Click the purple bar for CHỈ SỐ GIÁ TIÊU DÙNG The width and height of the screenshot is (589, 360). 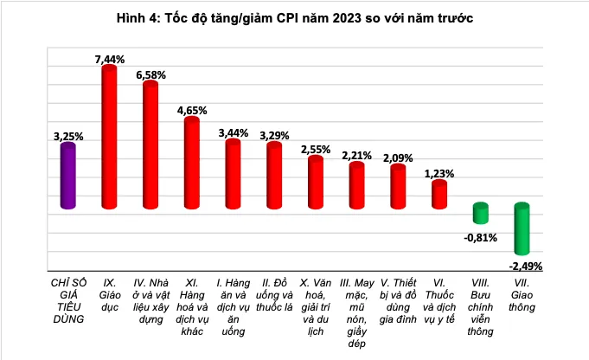tap(67, 177)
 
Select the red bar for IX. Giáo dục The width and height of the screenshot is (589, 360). tap(109, 137)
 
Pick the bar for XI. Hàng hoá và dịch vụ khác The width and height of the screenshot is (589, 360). tap(191, 163)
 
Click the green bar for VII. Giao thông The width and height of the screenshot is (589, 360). tap(521, 229)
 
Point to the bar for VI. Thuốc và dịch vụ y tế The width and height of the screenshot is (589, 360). tap(439, 195)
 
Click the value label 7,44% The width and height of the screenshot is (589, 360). tap(110, 59)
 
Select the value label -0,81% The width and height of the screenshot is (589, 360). tap(479, 237)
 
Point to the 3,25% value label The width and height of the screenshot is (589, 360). tap(68, 136)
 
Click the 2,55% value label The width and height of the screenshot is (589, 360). tap(316, 149)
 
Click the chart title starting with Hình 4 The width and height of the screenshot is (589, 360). tap(294, 17)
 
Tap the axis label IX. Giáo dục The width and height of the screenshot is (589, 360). tap(110, 288)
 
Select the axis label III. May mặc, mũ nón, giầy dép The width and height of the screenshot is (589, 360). tap(355, 312)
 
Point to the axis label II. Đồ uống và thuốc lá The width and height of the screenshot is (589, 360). tap(274, 294)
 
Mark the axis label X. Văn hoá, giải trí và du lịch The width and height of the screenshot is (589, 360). tap(315, 300)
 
